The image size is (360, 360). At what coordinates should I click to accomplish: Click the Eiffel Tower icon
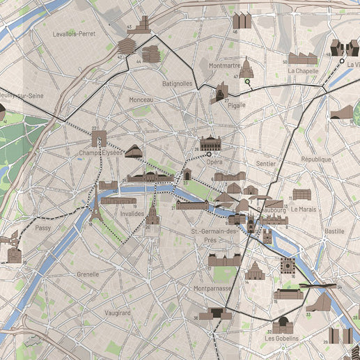[x=96, y=212]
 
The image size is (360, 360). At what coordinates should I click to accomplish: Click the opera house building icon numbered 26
[x=210, y=144]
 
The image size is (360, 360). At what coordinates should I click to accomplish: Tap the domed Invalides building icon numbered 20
[x=152, y=216]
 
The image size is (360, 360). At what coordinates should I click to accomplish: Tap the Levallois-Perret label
[x=74, y=33]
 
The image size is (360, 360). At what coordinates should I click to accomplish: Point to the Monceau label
[x=141, y=100]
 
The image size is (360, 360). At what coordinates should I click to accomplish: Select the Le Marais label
[x=304, y=209]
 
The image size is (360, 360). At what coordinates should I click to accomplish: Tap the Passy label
[x=43, y=228]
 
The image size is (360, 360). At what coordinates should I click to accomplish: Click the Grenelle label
[x=88, y=274]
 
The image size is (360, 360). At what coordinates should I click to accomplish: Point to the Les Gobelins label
[x=282, y=338]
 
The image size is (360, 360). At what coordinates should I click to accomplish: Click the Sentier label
[x=265, y=164]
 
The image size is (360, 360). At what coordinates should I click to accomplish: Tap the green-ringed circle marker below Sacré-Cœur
[x=246, y=83]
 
